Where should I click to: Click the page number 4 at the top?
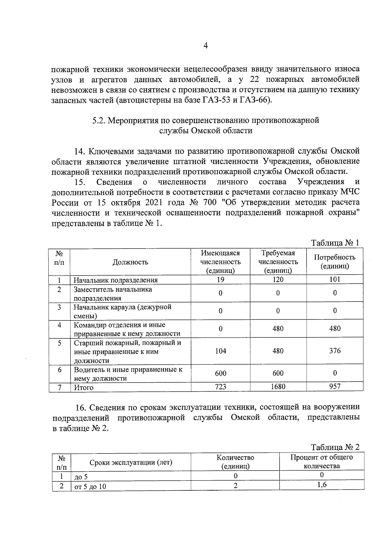(206, 46)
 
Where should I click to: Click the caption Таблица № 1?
(335, 243)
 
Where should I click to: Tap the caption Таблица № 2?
(335, 447)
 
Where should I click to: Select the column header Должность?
(130, 262)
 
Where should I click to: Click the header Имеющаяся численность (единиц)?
(221, 262)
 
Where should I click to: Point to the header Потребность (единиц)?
(334, 262)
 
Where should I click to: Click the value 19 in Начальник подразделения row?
(221, 280)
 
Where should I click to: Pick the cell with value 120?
(278, 280)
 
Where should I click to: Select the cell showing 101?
(335, 279)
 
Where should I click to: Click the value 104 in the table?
(221, 351)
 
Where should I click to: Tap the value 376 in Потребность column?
(335, 351)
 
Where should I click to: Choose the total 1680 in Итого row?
(278, 386)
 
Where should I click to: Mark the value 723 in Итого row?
(221, 386)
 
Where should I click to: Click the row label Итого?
(84, 388)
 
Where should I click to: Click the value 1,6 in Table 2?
(322, 485)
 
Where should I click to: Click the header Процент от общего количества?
(322, 462)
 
